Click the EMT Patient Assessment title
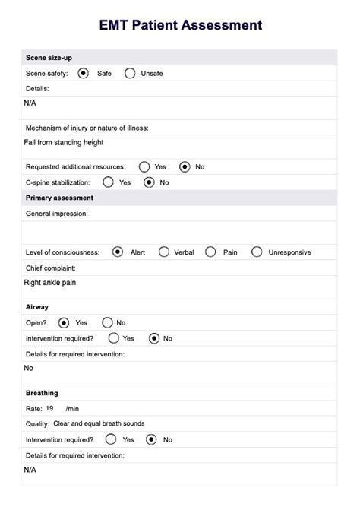(x=180, y=25)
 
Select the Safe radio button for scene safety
(x=82, y=74)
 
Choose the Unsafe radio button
(x=130, y=74)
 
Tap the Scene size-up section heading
(x=49, y=58)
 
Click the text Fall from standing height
(x=64, y=142)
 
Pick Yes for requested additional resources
(x=144, y=166)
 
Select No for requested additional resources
(x=185, y=166)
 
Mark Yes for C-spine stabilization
(x=108, y=182)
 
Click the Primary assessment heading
(x=59, y=198)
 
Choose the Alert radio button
(x=117, y=252)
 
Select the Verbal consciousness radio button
(x=163, y=252)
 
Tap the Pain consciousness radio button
(x=210, y=252)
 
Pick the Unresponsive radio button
(x=257, y=252)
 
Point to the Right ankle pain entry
(x=50, y=283)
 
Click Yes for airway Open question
(x=63, y=322)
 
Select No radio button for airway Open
(x=107, y=322)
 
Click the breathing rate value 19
(x=49, y=408)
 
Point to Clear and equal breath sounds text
(x=96, y=423)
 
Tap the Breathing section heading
(x=42, y=393)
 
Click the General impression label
(x=57, y=214)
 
